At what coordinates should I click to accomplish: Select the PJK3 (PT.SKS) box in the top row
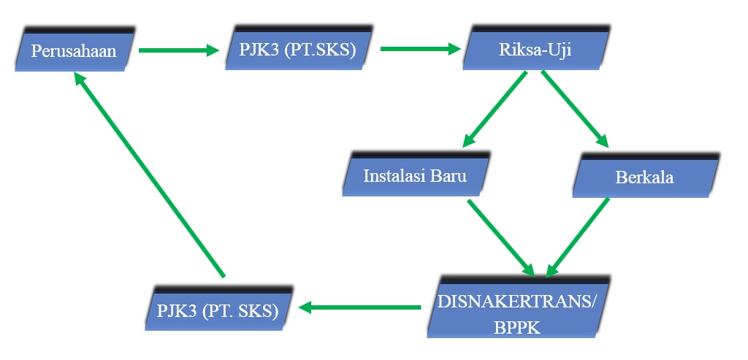pyautogui.click(x=299, y=50)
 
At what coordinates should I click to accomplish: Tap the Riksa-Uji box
pyautogui.click(x=535, y=50)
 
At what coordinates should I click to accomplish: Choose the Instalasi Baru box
pyautogui.click(x=414, y=177)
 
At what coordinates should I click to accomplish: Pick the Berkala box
pyautogui.click(x=644, y=177)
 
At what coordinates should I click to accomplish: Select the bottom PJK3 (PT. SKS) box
pyautogui.click(x=218, y=310)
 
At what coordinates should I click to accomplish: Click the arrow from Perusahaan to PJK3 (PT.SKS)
pyautogui.click(x=178, y=50)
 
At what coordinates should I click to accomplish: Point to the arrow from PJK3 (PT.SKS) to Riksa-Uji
pyautogui.click(x=420, y=50)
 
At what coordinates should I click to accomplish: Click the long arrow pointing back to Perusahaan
pyautogui.click(x=149, y=175)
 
